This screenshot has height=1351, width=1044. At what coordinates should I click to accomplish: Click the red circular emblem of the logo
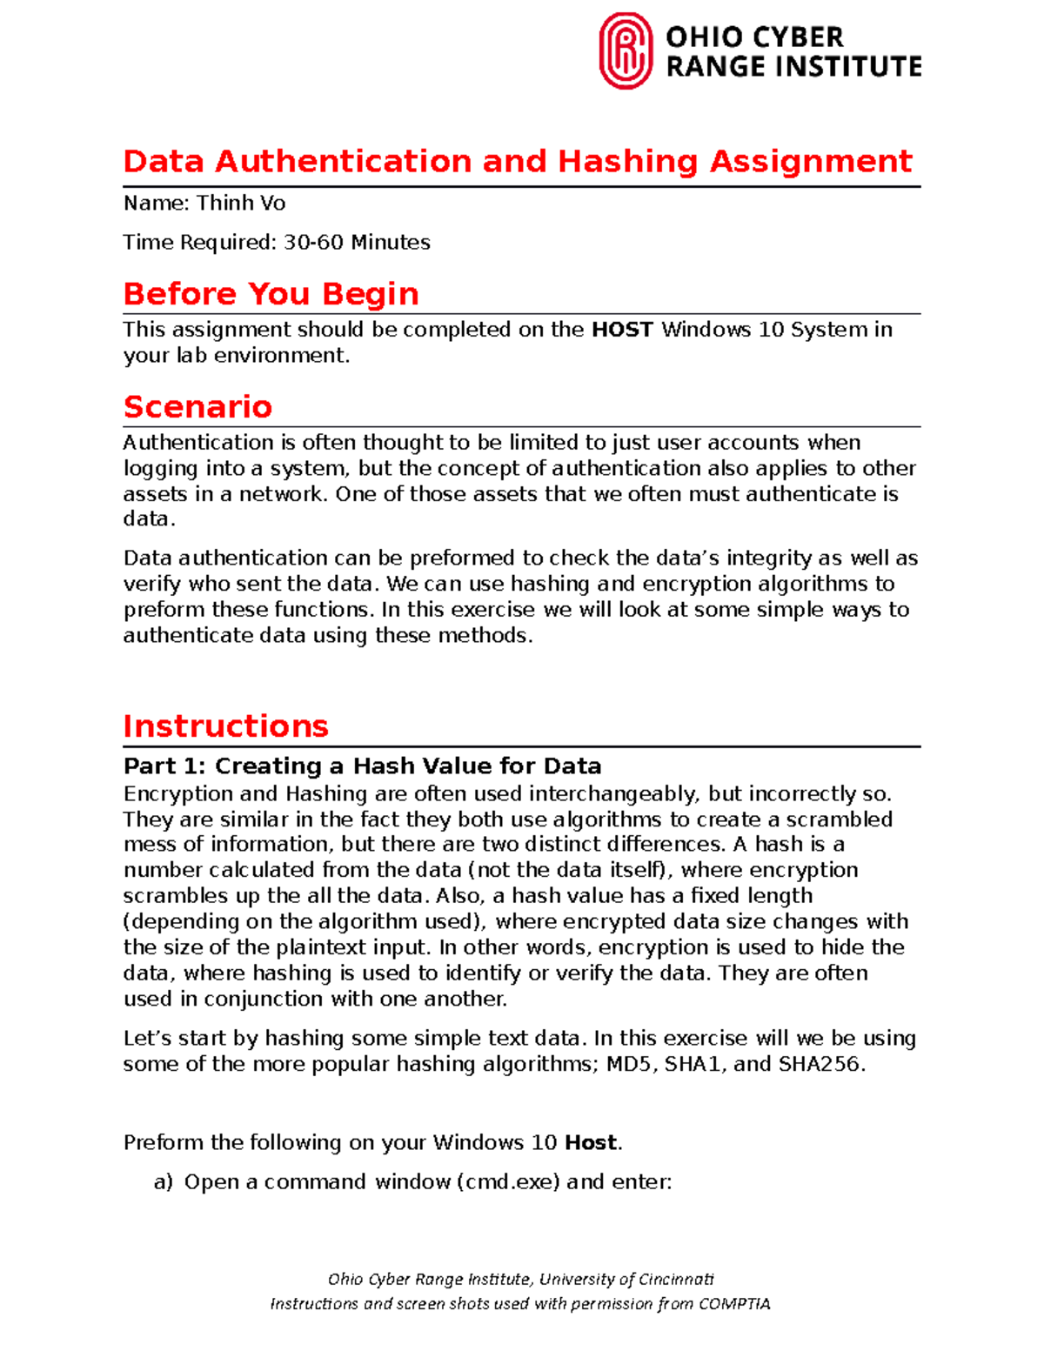(x=626, y=51)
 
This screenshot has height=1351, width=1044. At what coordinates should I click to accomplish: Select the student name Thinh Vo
(x=241, y=204)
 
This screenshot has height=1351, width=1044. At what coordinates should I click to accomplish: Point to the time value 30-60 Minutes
(x=357, y=243)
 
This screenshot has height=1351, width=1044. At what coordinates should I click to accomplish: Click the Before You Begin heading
(x=271, y=294)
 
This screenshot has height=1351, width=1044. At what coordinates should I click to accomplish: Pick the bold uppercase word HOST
(x=622, y=330)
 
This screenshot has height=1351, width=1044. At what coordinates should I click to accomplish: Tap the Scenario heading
(x=197, y=407)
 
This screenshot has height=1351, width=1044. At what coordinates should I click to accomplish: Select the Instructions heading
(x=225, y=726)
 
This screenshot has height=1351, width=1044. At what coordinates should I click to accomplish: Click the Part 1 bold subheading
(x=362, y=766)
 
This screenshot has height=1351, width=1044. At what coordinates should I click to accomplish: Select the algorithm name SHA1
(x=694, y=1065)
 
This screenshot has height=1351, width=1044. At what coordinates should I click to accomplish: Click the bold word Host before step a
(x=590, y=1143)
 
